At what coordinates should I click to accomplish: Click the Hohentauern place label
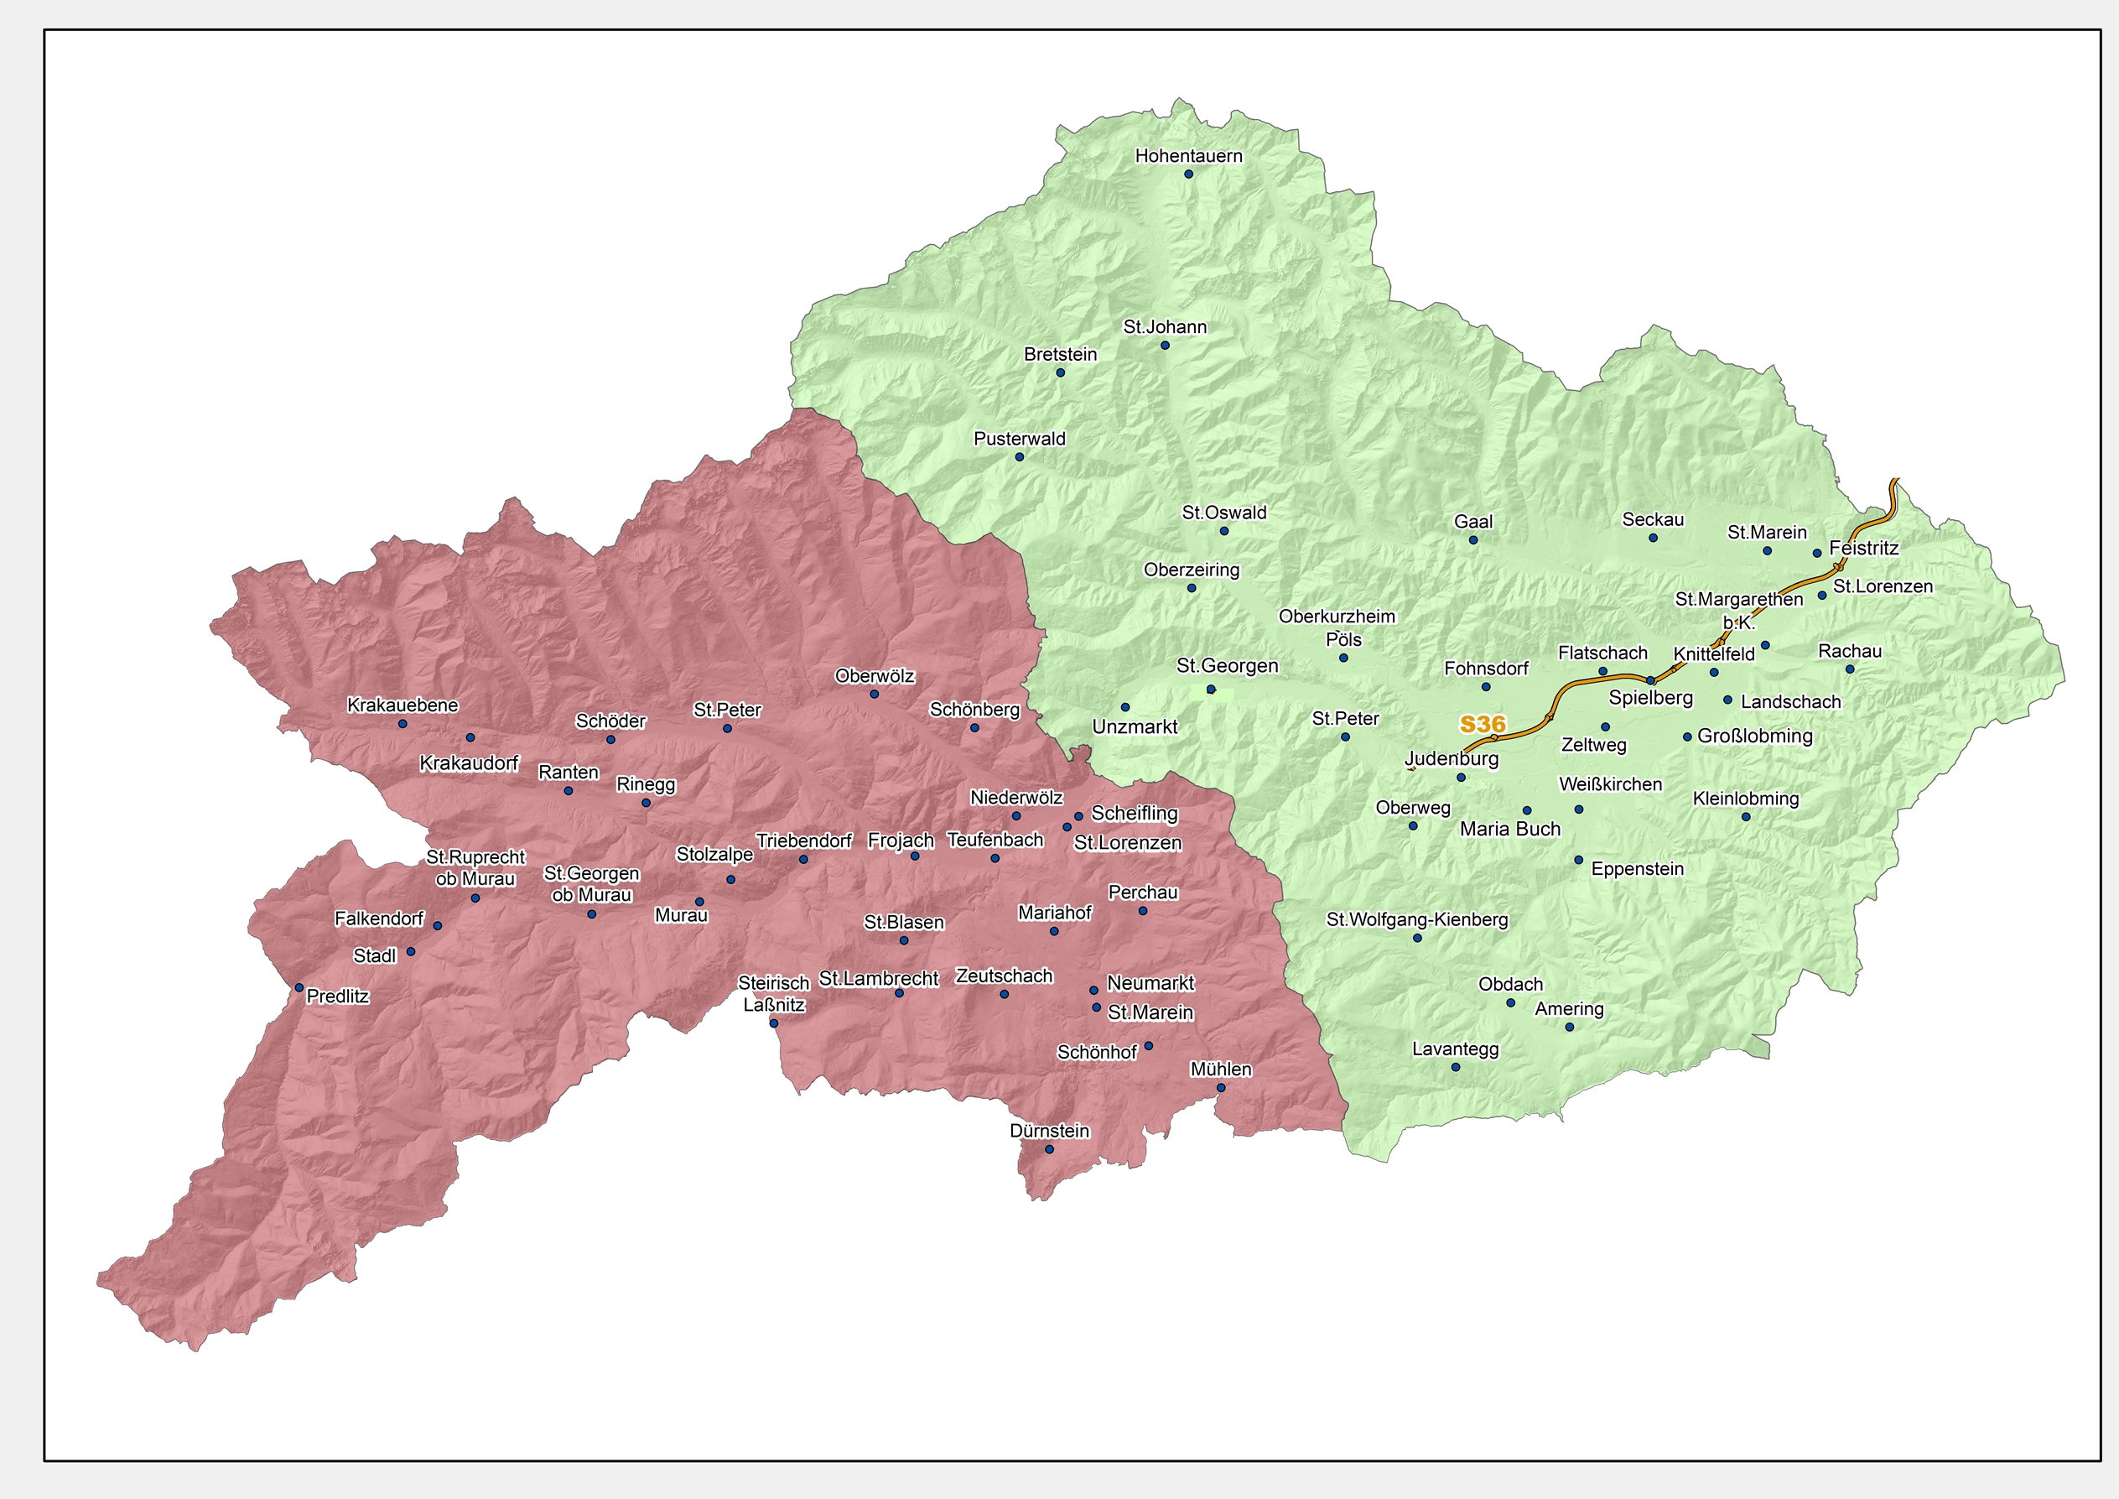point(1189,156)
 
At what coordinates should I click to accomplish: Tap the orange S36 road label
point(1483,725)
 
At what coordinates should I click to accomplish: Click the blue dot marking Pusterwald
point(1019,457)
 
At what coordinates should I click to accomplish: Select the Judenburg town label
point(1452,759)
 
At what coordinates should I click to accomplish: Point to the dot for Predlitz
point(299,987)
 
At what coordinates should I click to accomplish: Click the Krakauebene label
point(403,705)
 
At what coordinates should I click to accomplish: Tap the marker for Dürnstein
point(1048,1149)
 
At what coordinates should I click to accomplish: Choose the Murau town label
point(681,916)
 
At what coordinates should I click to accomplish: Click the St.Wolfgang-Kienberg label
point(1416,919)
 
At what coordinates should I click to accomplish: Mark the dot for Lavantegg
point(1456,1067)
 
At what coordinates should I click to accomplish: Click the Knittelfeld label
point(1714,654)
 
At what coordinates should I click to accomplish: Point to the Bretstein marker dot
point(1061,373)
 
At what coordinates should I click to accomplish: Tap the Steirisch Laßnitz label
point(773,994)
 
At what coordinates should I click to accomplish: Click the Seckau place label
point(1653,520)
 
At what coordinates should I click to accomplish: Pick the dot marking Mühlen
point(1221,1087)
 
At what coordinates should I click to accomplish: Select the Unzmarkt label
point(1135,726)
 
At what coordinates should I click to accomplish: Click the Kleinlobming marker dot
point(1745,817)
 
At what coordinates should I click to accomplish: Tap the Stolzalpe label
point(714,854)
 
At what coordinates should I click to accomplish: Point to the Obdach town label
point(1511,984)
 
